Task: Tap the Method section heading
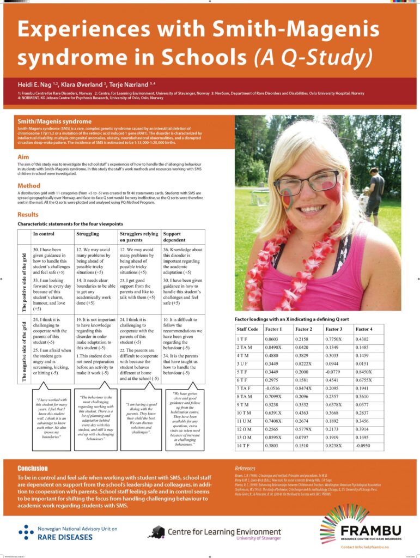click(29, 186)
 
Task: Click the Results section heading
click(28, 215)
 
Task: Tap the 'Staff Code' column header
click(248, 329)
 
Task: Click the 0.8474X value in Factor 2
click(305, 386)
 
